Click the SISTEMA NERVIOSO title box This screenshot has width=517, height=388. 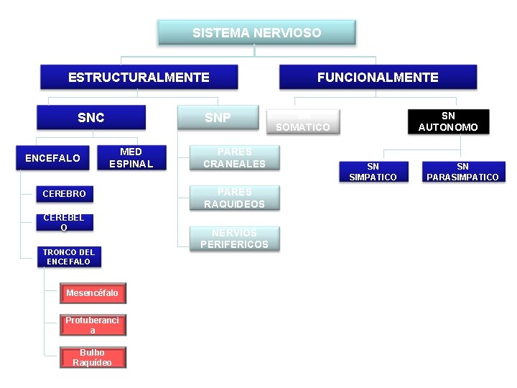click(x=256, y=32)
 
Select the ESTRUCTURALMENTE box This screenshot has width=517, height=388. click(x=139, y=77)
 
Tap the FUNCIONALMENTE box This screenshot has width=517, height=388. click(x=378, y=77)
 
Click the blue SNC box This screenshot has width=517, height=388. click(x=91, y=118)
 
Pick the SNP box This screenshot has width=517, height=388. click(x=218, y=118)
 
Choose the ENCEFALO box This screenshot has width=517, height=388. click(x=52, y=158)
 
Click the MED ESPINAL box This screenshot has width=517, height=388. click(x=131, y=157)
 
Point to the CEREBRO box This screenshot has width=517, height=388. click(x=64, y=193)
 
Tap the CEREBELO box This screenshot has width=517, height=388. click(x=64, y=223)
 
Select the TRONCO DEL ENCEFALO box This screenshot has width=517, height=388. click(x=68, y=257)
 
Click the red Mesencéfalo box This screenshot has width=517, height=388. click(x=93, y=293)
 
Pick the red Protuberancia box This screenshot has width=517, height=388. click(x=93, y=325)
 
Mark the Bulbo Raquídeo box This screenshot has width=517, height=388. click(x=93, y=357)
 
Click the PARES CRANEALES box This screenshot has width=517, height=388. click(x=234, y=157)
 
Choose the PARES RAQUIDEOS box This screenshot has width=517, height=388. click(x=234, y=198)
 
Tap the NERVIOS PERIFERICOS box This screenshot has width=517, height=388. click(x=234, y=238)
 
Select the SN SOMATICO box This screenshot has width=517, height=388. click(x=303, y=121)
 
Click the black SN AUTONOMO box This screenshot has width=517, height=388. click(x=448, y=121)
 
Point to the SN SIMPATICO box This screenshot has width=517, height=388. click(x=373, y=172)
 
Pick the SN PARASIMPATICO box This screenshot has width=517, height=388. click(x=462, y=172)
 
